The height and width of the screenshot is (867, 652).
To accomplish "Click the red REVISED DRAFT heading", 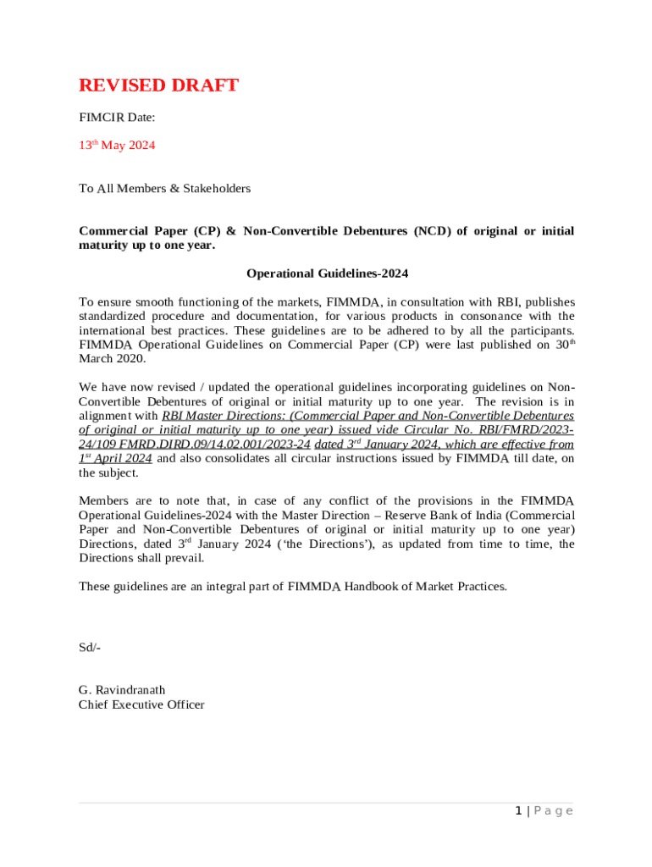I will (x=158, y=86).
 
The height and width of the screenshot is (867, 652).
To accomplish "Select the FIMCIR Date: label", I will (x=117, y=118).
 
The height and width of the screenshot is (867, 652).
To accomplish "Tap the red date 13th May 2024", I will (x=117, y=146).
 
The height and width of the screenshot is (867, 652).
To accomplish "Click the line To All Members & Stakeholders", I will (x=164, y=189).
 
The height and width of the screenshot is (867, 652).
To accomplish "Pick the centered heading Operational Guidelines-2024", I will (x=327, y=273).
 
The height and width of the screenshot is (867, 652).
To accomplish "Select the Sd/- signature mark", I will (x=90, y=648).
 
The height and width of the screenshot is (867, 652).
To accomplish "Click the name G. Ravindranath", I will (x=122, y=690).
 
